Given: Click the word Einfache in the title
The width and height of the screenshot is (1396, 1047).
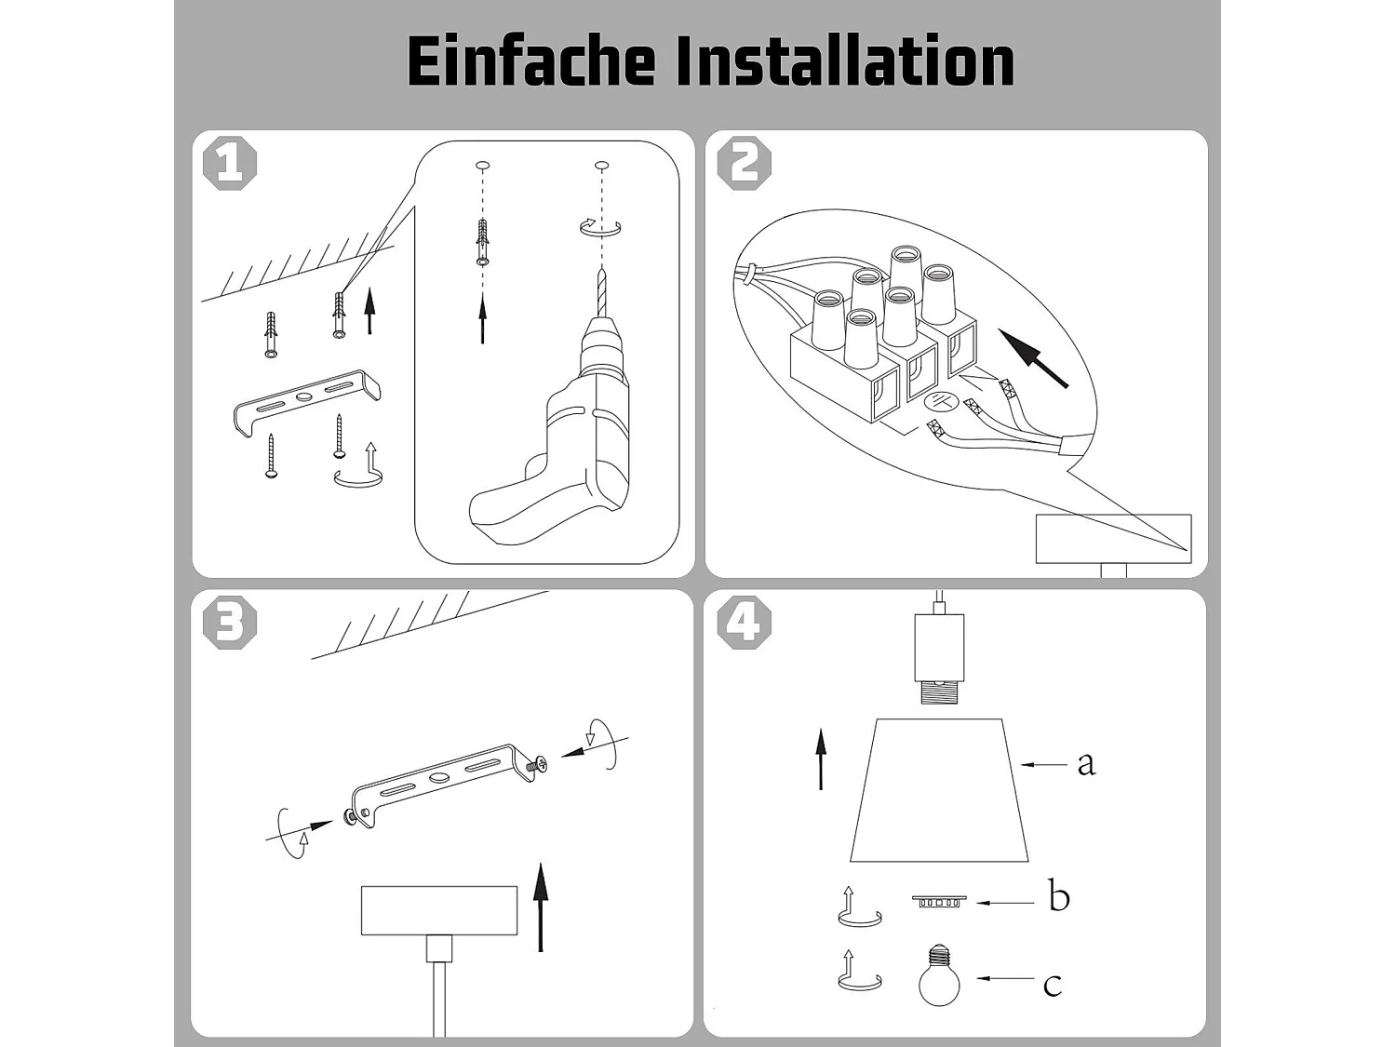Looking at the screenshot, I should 530,61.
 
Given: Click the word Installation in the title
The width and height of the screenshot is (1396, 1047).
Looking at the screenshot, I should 844,61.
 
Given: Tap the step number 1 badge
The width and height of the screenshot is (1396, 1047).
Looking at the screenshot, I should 230,164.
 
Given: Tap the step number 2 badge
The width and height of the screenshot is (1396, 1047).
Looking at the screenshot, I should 745,164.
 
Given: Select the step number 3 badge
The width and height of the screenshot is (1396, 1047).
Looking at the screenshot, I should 230,622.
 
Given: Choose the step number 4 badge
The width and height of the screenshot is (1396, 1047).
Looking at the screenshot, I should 745,622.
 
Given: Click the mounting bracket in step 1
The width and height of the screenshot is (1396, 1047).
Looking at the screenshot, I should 306,401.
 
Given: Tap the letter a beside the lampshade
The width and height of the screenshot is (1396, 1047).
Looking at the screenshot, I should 1085,763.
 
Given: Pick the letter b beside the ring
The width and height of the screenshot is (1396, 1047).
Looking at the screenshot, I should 1059,897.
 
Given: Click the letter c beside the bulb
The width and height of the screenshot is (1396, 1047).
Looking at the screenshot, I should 1052,985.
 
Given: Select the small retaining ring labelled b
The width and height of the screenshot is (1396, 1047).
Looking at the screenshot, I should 939,901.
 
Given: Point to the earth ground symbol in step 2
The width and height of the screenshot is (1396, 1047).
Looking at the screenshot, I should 941,401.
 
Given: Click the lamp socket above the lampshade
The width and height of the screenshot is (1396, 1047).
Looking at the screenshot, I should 939,651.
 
